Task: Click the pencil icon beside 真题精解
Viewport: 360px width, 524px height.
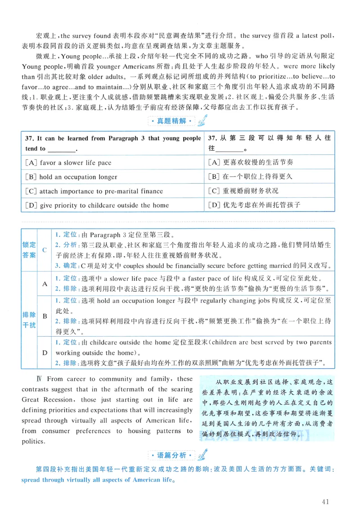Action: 202,120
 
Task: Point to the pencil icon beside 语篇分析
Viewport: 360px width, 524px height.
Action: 202,454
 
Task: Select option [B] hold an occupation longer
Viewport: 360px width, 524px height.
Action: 72,177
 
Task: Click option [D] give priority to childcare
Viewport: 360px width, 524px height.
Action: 97,205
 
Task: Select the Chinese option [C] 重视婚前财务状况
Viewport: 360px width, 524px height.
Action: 243,191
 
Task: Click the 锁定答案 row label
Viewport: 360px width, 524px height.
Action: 29,250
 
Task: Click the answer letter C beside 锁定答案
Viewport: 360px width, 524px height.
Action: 45,250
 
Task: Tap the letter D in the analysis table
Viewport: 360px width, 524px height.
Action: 45,352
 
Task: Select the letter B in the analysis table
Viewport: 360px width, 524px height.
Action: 45,316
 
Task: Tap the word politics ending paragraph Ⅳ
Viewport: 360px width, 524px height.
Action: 33,441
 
